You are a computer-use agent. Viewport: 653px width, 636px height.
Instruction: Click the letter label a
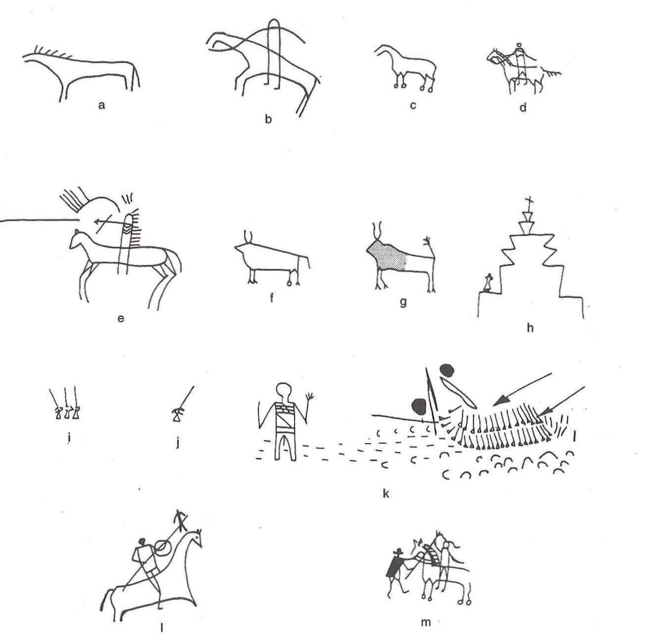(101, 105)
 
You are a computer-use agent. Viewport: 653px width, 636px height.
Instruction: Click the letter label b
(268, 120)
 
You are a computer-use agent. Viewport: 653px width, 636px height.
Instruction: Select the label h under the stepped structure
(530, 328)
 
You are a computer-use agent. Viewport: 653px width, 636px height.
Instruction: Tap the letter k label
(385, 494)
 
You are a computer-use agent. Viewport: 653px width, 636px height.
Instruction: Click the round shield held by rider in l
(162, 547)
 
